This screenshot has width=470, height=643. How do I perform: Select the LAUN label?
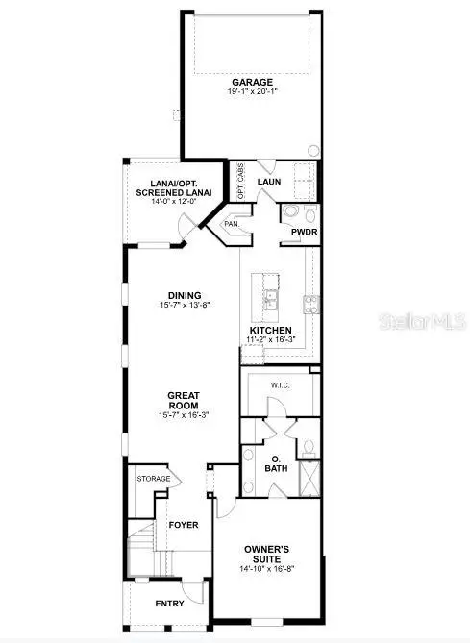269,182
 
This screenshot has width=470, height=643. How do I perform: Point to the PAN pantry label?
231,224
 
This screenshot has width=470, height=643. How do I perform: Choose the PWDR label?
292,232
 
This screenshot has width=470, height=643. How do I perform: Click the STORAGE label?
154,479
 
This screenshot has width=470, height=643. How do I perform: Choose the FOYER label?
183,525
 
